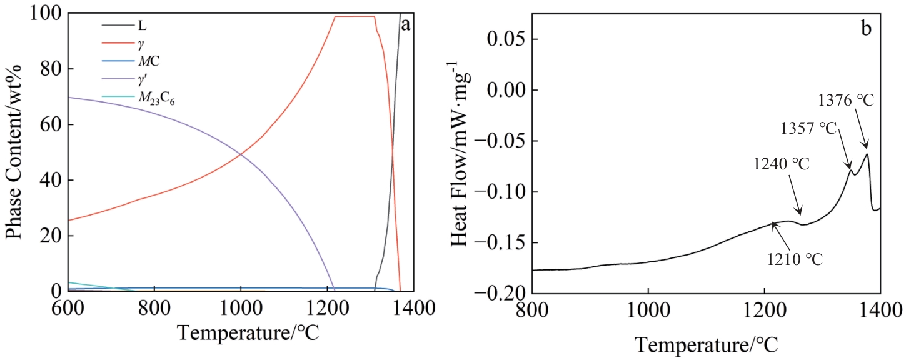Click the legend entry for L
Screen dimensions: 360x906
(x=142, y=26)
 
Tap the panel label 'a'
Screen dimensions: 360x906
(x=406, y=25)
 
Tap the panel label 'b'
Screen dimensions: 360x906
(x=866, y=29)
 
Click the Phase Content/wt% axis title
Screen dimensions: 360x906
(x=17, y=152)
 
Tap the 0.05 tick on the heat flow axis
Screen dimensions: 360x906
(x=504, y=39)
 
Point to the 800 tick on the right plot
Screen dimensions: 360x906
(x=532, y=309)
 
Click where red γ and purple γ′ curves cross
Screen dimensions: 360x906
(x=241, y=154)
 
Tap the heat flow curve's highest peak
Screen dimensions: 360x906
(x=867, y=154)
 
